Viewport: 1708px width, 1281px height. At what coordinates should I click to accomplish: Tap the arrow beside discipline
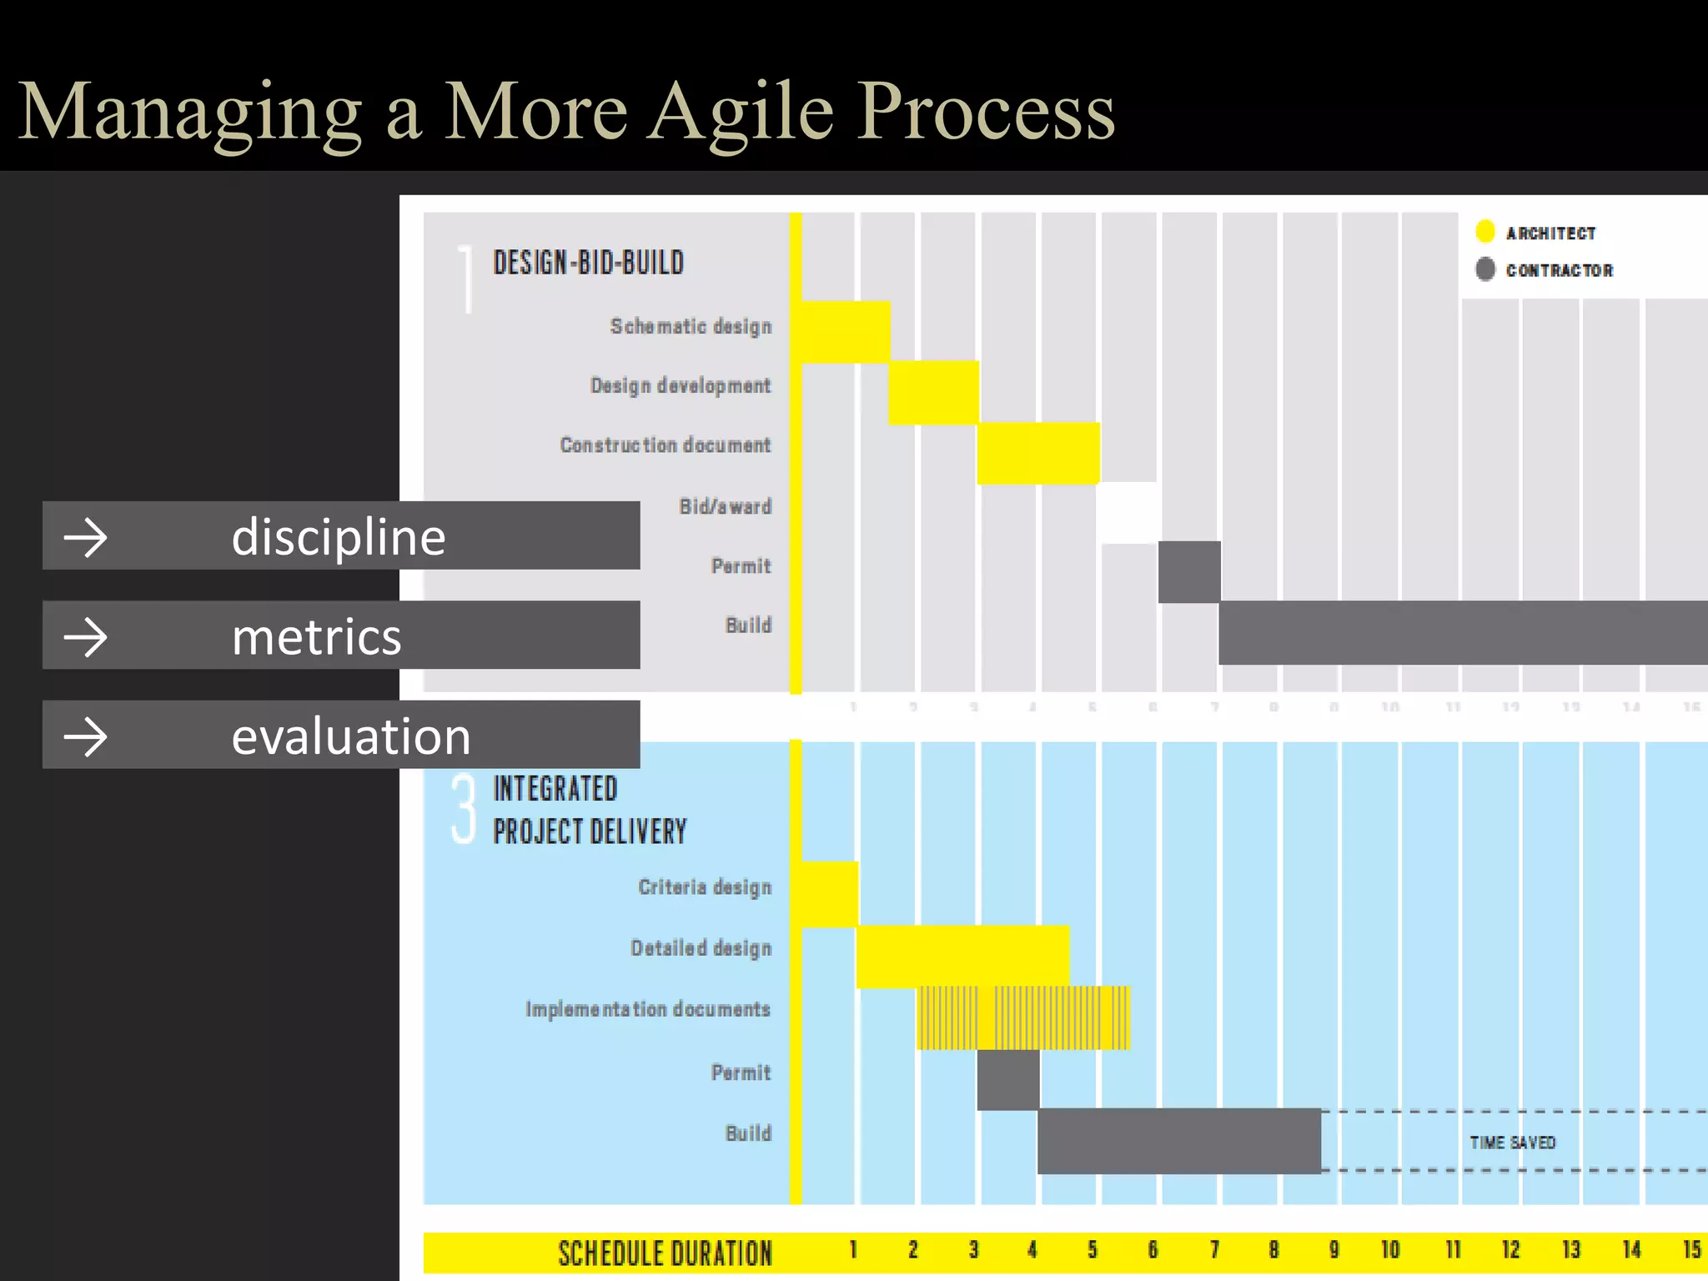pos(86,538)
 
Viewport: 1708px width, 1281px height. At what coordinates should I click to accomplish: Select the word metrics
pos(316,637)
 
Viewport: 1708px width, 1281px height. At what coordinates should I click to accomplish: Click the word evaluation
pos(350,736)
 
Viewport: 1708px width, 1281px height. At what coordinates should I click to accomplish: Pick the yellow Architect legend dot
pos(1484,231)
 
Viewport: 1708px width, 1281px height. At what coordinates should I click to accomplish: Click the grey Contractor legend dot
pos(1484,269)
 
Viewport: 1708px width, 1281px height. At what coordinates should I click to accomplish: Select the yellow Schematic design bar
pos(844,331)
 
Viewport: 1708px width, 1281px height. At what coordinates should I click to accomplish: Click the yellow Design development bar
pos(932,392)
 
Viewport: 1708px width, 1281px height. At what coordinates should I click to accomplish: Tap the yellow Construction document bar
pos(1037,453)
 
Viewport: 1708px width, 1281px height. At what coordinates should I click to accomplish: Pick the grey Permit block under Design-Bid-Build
pos(1189,571)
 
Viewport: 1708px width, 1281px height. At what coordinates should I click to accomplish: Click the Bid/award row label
pos(725,506)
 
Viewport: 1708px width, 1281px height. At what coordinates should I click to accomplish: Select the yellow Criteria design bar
pos(829,894)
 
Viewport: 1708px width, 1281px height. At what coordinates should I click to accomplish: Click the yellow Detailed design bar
pos(962,956)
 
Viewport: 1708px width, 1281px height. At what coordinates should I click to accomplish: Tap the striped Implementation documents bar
pos(1023,1017)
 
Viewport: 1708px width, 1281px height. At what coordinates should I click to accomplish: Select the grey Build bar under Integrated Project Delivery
pos(1178,1141)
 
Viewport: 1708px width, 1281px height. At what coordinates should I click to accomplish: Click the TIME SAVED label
pos(1512,1143)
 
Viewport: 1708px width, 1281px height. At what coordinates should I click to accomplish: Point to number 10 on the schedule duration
pos(1389,1249)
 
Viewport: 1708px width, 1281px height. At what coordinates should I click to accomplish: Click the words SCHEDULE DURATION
pos(665,1253)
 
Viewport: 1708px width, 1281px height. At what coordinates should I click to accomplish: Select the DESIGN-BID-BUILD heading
pos(588,263)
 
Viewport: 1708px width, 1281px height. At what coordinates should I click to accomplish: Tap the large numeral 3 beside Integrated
pos(464,809)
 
